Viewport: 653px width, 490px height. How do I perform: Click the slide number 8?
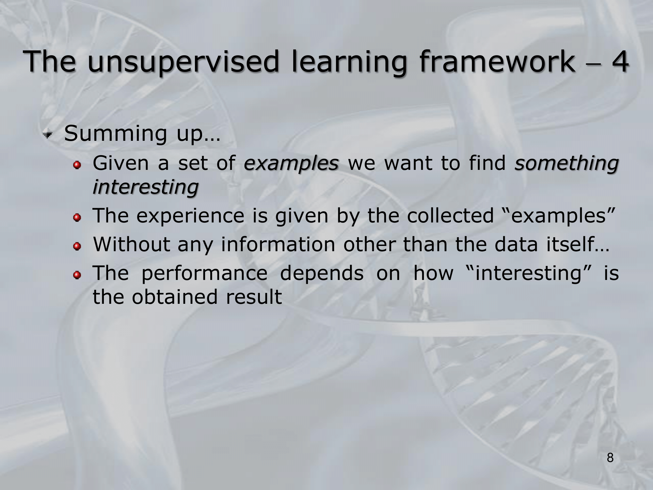(610, 458)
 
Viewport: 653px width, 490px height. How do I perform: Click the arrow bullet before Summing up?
(49, 134)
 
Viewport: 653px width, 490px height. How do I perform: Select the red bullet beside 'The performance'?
(77, 275)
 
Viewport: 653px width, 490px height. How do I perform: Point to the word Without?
(132, 244)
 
